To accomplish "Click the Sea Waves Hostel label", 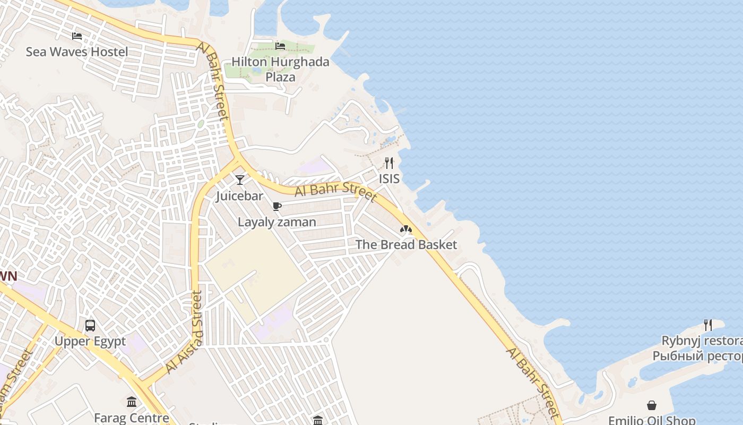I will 77,52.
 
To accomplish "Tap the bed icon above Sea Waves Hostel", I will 77,36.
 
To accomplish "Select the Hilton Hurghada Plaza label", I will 280,69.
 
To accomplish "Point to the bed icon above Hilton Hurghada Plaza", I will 280,46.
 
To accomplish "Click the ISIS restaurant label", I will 389,179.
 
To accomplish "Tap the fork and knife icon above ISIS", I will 389,163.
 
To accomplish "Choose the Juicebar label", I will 239,196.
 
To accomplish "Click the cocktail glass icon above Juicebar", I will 240,180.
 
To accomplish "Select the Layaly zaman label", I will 277,222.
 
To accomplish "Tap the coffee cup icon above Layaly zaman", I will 277,206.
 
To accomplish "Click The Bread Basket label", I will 406,245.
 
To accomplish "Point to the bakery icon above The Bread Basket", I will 406,229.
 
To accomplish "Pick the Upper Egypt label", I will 90,341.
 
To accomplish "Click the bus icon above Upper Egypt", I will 90,325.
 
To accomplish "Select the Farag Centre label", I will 131,418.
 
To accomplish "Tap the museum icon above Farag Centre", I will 132,402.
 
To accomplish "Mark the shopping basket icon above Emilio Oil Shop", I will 652,405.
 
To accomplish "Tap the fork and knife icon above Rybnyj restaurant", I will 707,325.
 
